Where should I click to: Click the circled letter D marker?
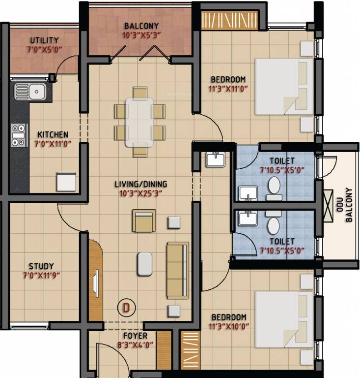click(126, 309)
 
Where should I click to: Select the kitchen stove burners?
click(19, 135)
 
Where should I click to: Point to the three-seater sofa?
click(177, 270)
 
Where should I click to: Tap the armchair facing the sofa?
click(143, 221)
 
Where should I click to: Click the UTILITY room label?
click(44, 40)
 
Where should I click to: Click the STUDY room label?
click(41, 266)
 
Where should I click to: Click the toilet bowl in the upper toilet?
click(274, 188)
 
